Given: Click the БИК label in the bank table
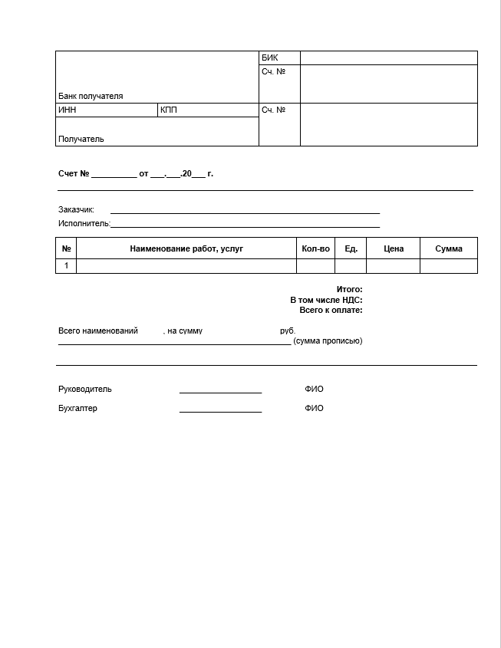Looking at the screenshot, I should coord(269,58).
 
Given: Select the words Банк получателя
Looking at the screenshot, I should coord(91,96).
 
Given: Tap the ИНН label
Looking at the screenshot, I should coord(68,110).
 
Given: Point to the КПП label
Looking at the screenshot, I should coord(169,110).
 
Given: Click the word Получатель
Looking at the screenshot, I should coord(81,139).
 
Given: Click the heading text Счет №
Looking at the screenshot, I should coord(74,173).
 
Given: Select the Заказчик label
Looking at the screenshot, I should coord(76,209).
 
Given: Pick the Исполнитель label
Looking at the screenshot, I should coord(84,223).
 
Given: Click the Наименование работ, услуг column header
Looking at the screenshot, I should coord(186,248).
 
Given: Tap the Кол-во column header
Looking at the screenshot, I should coord(315,248).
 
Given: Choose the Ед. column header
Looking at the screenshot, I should coord(351,248).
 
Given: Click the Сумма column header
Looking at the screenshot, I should coord(449,248).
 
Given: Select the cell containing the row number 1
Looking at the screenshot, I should coord(66,265).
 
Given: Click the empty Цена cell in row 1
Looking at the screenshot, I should coord(393,265).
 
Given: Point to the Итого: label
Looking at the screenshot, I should coord(349,289).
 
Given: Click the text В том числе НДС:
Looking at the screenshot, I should coord(326,300).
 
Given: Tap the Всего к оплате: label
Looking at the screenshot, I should coord(331,310).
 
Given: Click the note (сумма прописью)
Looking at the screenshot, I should coord(328,340).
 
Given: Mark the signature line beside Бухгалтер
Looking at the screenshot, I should coord(220,411).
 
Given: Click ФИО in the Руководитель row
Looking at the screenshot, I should coord(314,389).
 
